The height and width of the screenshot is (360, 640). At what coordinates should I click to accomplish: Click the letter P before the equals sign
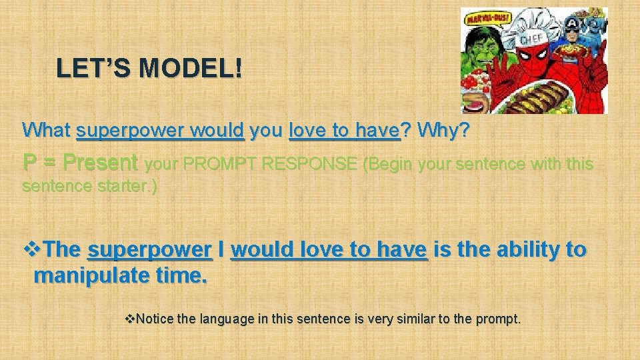(29, 163)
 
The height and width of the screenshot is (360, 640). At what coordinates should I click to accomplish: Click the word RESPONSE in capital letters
(312, 164)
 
